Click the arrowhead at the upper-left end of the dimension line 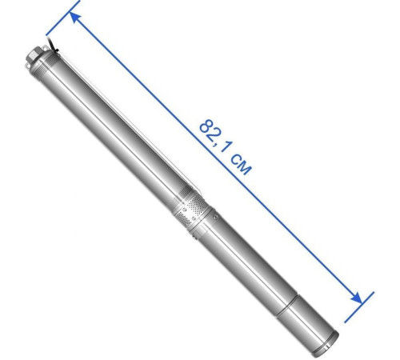(74, 18)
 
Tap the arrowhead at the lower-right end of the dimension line (356, 298)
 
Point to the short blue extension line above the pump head (62, 18)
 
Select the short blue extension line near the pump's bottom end (359, 307)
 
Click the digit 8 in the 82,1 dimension (206, 126)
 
